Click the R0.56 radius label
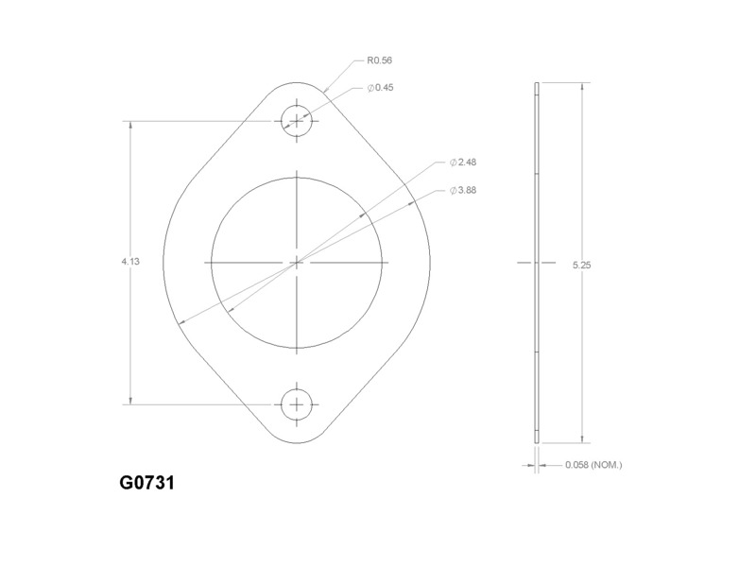pos(379,60)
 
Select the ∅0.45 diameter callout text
pos(381,88)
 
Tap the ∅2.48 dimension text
pos(463,163)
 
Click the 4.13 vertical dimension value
pos(130,262)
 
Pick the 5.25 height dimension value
pos(581,266)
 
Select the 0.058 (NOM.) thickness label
pos(593,465)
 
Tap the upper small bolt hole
pos(298,120)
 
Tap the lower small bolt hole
pos(298,404)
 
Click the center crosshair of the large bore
pos(298,262)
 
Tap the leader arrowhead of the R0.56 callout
pos(326,94)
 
